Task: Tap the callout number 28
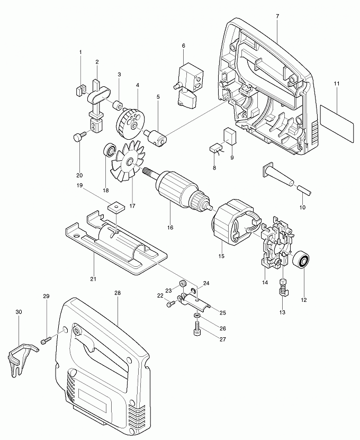pyautogui.click(x=117, y=292)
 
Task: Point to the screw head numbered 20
pyautogui.click(x=78, y=138)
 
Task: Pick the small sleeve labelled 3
pyautogui.click(x=120, y=103)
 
